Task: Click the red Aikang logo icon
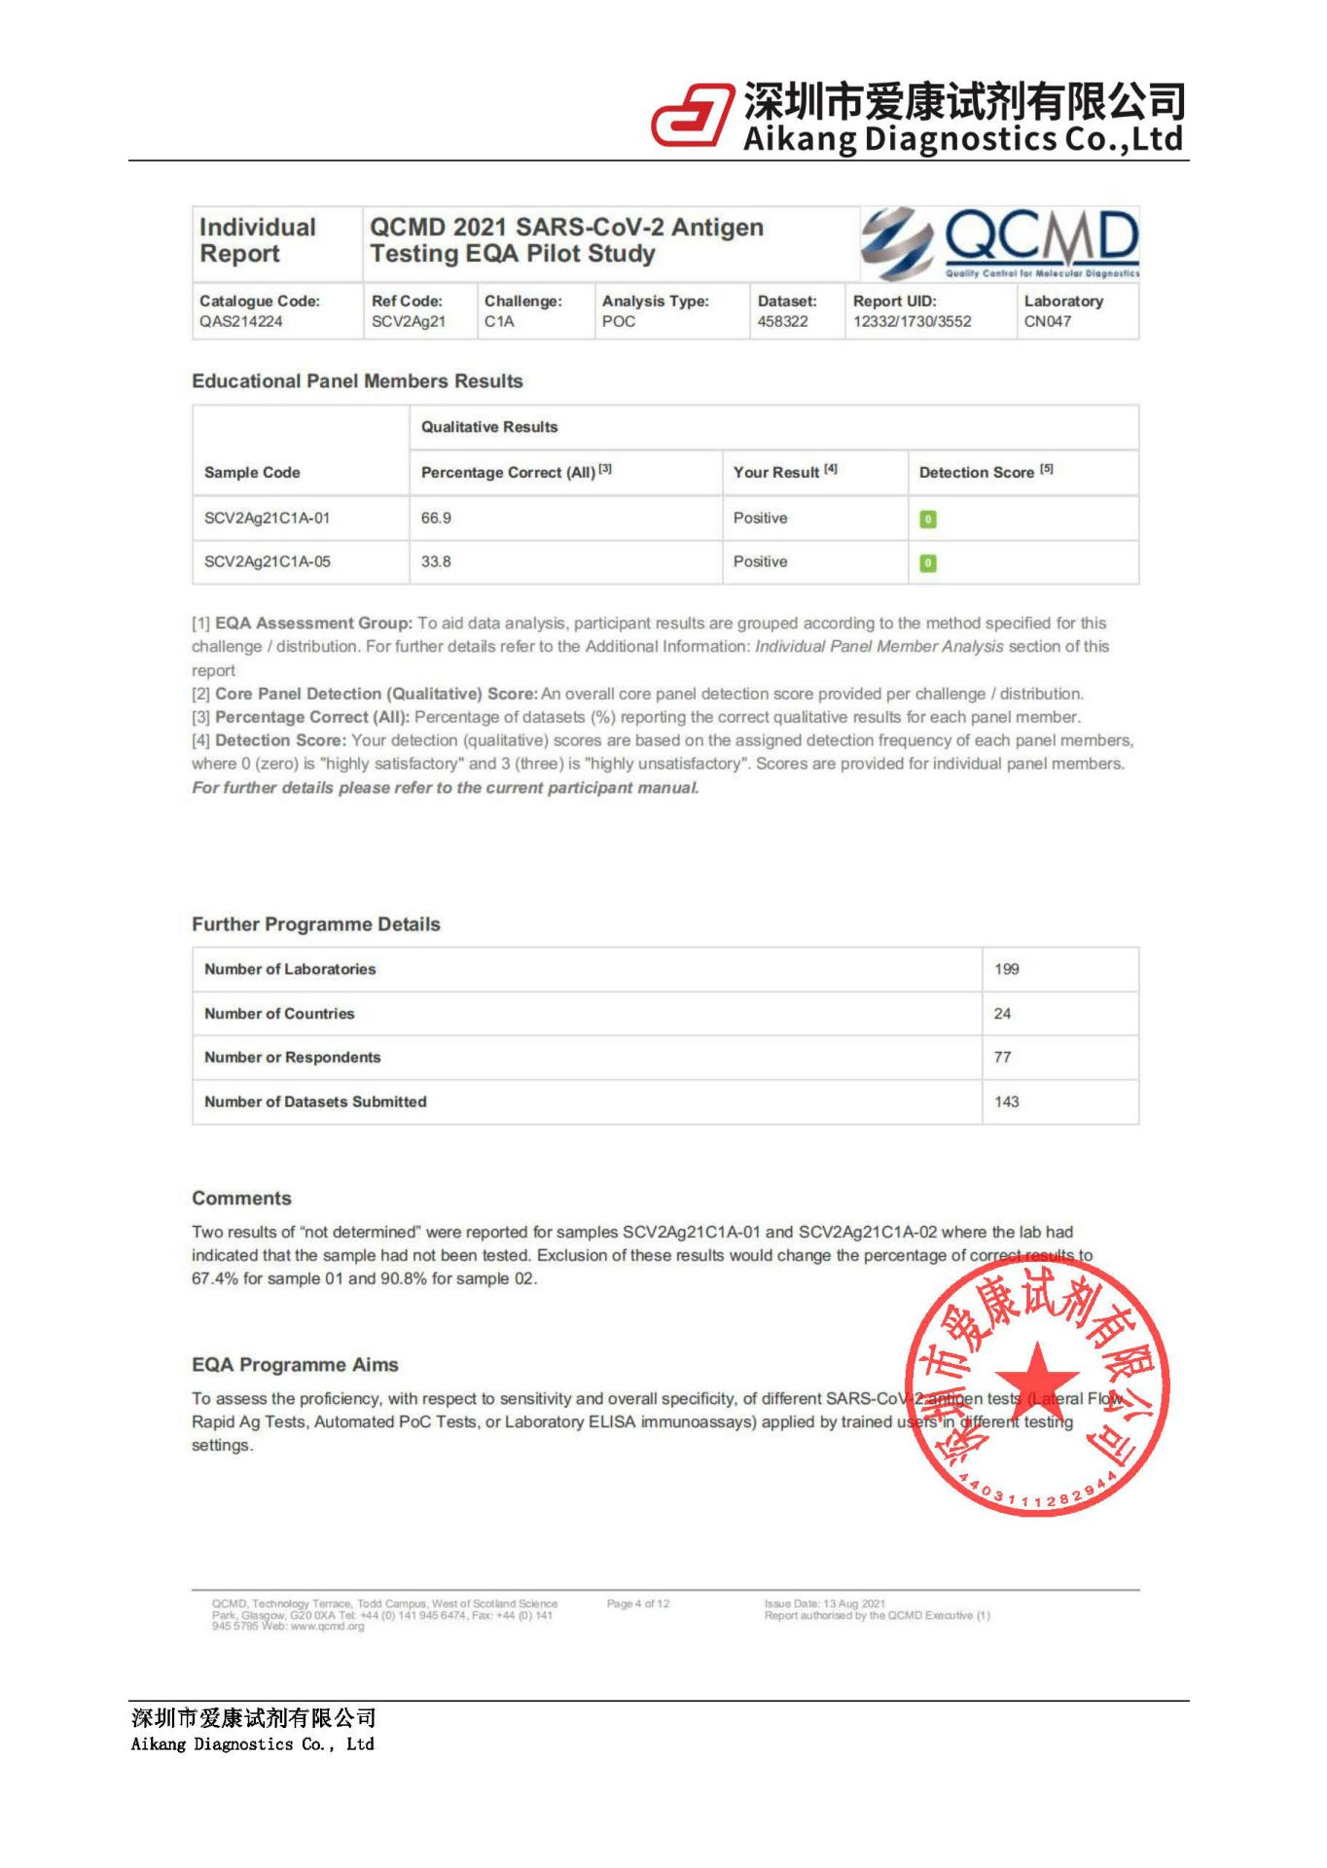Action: [x=692, y=116]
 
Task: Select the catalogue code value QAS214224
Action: [x=241, y=322]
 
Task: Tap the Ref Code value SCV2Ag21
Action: [x=409, y=322]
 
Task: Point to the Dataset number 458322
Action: [x=783, y=322]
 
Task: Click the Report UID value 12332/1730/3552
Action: [x=912, y=322]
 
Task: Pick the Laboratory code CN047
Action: [x=1048, y=322]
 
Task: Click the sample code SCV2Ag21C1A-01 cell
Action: [x=268, y=519]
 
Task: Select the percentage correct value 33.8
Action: [x=436, y=562]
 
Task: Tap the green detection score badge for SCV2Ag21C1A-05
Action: [x=928, y=563]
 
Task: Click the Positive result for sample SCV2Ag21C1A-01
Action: [x=761, y=519]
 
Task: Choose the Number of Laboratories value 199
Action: [x=1007, y=970]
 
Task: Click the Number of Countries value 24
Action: [x=1003, y=1014]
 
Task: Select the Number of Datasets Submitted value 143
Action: [x=1007, y=1102]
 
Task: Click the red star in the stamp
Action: [x=1037, y=1379]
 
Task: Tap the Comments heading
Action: [x=241, y=1199]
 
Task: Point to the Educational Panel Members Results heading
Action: [x=357, y=381]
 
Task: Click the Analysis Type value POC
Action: [x=619, y=322]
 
